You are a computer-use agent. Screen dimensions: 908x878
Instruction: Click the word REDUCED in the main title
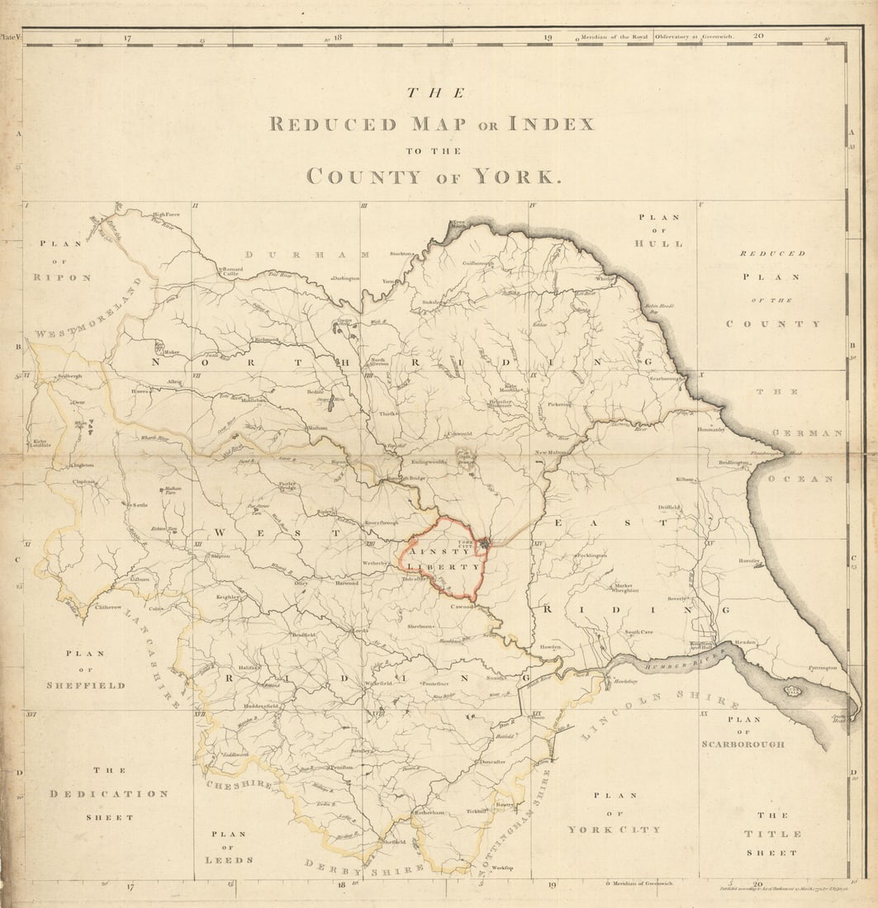tap(332, 125)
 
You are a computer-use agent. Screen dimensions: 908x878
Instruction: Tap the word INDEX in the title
tap(550, 125)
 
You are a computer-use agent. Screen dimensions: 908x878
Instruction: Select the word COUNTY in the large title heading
tap(363, 177)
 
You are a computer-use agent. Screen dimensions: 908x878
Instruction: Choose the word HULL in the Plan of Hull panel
tap(658, 244)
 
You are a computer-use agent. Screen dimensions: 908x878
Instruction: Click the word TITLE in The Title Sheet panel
tap(771, 834)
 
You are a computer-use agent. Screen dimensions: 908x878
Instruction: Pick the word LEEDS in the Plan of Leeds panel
tap(228, 860)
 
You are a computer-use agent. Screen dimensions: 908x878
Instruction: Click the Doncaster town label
tap(492, 762)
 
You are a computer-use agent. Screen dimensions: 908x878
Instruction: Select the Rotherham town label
tap(430, 812)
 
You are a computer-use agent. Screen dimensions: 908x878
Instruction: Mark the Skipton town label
tap(221, 556)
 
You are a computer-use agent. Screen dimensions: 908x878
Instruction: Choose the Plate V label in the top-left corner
tap(9, 37)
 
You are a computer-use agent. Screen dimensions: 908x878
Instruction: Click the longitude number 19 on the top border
tap(548, 37)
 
